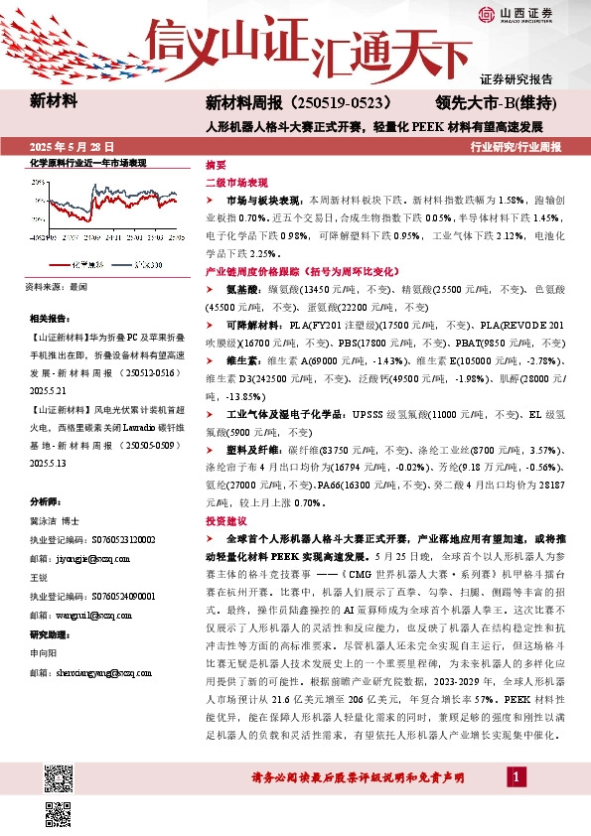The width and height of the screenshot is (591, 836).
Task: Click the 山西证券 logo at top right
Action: coord(516,14)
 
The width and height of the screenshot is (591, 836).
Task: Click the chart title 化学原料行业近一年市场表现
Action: coord(87,162)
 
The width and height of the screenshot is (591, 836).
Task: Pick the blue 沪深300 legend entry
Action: coord(145,264)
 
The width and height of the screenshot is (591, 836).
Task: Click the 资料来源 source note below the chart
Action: coord(56,286)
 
